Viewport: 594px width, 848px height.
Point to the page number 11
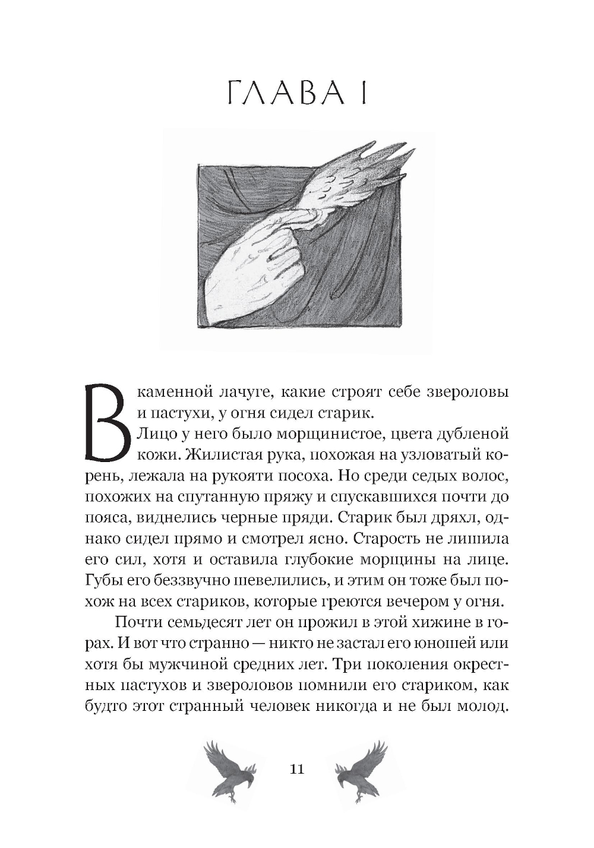tap(296, 769)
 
